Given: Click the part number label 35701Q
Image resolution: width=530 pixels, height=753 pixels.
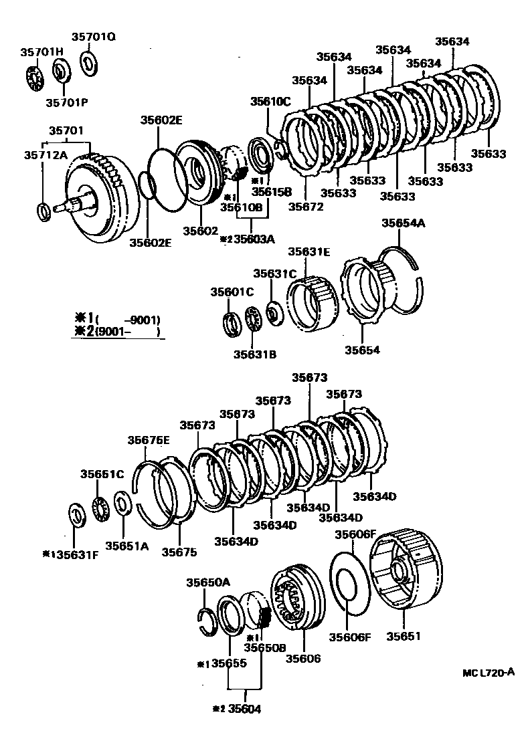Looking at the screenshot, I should pos(93,37).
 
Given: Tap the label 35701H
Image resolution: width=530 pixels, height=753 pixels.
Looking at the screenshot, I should pos(41,52).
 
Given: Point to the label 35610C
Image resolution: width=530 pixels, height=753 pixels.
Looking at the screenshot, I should pos(270,102).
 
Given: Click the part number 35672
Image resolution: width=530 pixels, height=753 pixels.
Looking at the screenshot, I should pos(306,207).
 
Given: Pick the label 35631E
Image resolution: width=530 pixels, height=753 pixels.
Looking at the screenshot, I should pos(309,252).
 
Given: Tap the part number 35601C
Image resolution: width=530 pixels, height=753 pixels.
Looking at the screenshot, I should pos(232,292).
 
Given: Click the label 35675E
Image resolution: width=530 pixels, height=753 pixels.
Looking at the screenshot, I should pos(149,439).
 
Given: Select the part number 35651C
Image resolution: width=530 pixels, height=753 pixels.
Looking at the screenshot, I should pos(102,473).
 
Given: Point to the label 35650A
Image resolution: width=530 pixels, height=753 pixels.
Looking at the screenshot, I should pos(207,582).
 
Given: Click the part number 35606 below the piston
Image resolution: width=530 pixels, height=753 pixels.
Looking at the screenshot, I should pos(303,659).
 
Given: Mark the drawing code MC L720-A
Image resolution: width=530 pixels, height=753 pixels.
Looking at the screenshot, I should pos(488,673).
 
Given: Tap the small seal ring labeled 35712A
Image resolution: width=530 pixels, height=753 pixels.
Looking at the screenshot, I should pos(43,212).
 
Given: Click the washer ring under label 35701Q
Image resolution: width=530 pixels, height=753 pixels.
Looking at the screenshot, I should pos(88,64).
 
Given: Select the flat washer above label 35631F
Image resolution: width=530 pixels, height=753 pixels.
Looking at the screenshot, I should pos(77,516).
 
